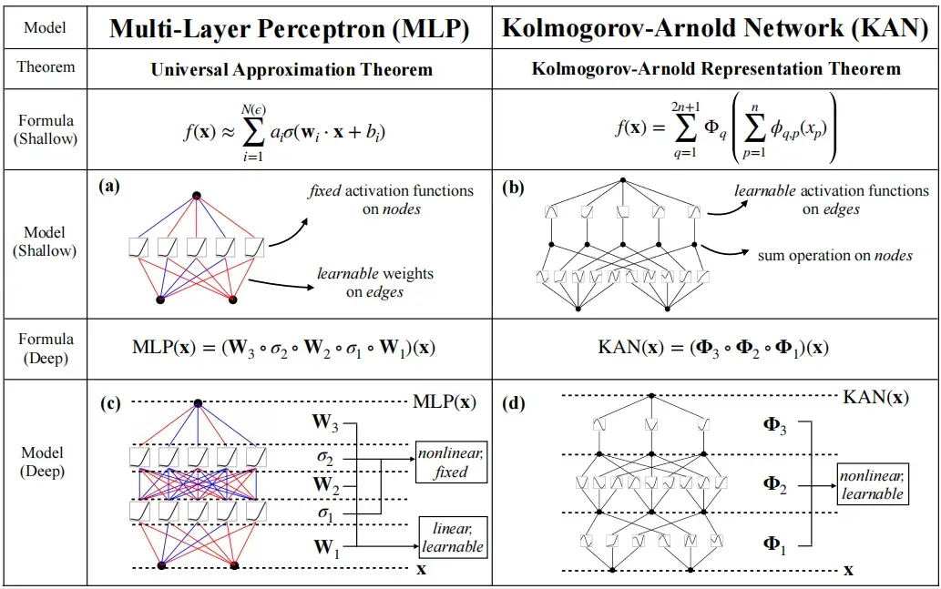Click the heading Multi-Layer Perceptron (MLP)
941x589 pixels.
[x=290, y=29]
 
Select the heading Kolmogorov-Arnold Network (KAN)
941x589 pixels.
[x=715, y=29]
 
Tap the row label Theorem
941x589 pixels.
[x=46, y=67]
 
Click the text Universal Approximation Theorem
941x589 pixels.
[x=292, y=69]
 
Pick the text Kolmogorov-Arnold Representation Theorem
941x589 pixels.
[x=716, y=69]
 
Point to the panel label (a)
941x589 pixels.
[x=109, y=187]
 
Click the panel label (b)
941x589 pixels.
[x=513, y=188]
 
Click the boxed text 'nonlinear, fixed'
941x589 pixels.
[x=451, y=462]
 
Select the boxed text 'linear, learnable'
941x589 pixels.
[x=452, y=537]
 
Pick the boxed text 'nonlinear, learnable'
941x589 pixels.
[x=872, y=485]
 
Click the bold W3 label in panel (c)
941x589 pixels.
[x=324, y=421]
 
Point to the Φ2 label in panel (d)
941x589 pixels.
[x=774, y=483]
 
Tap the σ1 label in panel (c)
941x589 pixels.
[x=324, y=514]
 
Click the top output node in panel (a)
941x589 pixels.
[x=196, y=196]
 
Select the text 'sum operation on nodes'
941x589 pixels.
[x=834, y=256]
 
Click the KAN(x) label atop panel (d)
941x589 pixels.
[x=875, y=397]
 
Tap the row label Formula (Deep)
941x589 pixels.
[x=46, y=349]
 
